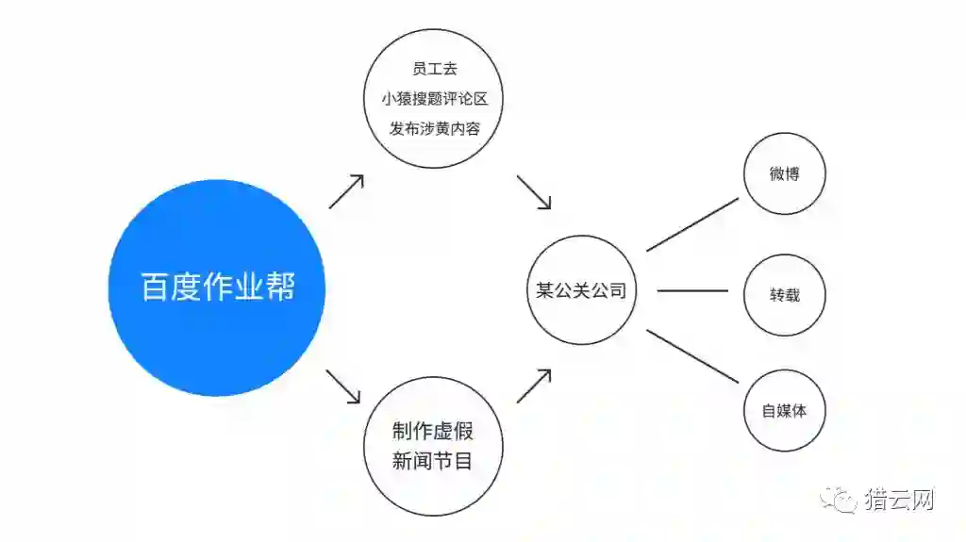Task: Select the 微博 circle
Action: click(x=784, y=174)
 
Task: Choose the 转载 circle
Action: click(x=784, y=294)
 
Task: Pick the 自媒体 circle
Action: click(x=784, y=411)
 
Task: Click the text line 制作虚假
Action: click(x=433, y=432)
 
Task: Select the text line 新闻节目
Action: click(x=433, y=461)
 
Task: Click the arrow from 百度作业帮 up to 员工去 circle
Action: click(x=346, y=191)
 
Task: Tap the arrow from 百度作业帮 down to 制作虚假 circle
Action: click(x=344, y=386)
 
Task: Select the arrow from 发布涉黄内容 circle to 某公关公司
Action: click(x=534, y=191)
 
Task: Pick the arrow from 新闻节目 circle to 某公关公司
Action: click(x=534, y=386)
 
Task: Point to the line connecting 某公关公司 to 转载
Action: click(x=692, y=290)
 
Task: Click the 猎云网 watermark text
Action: click(x=899, y=500)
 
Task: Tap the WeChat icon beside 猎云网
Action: click(x=839, y=500)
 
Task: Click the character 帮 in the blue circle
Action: click(x=280, y=287)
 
